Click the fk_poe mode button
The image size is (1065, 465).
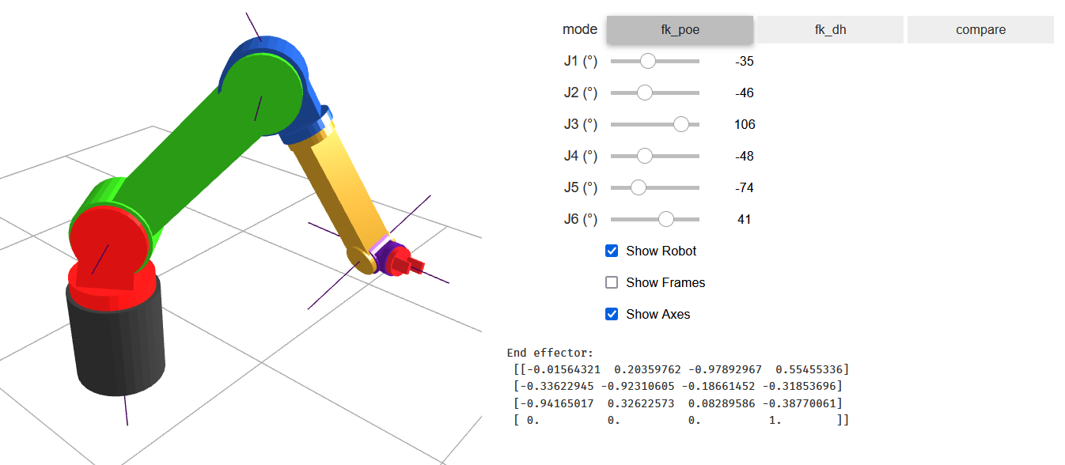click(x=680, y=30)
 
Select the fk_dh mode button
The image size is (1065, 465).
click(x=830, y=30)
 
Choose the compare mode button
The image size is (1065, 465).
click(x=980, y=30)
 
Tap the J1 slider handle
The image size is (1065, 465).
click(x=648, y=61)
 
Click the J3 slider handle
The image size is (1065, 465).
click(x=681, y=124)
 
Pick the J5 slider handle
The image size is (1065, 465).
click(x=638, y=187)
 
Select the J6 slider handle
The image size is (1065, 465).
click(x=666, y=219)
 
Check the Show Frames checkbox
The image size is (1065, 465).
click(x=612, y=282)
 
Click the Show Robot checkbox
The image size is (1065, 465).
click(x=612, y=251)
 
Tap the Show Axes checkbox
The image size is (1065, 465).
click(x=612, y=314)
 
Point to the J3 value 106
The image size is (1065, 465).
click(x=744, y=124)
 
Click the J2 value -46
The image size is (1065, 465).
click(x=744, y=93)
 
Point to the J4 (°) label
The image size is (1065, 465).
click(x=581, y=156)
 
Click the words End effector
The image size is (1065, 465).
click(x=550, y=353)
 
